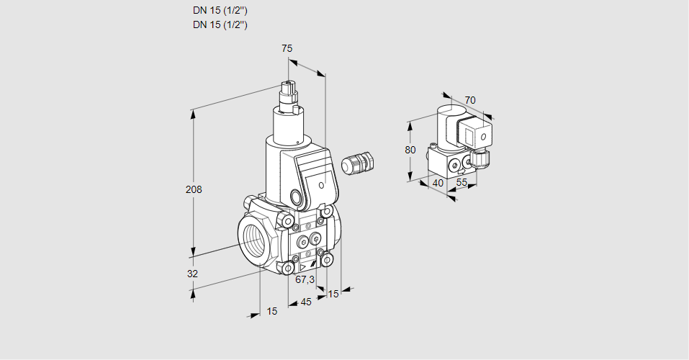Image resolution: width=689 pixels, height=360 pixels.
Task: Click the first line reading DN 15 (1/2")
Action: point(220,11)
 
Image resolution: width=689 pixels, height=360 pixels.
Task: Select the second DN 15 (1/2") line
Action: point(220,24)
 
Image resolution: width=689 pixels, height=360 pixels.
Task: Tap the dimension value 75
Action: point(287,48)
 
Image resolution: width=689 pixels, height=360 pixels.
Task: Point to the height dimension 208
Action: point(194,190)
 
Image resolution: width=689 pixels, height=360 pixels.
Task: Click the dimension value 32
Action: point(192,274)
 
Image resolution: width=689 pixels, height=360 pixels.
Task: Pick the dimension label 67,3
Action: point(305,279)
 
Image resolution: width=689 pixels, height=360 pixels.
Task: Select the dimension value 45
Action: point(306,302)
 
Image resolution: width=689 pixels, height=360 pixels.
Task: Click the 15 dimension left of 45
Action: point(271,311)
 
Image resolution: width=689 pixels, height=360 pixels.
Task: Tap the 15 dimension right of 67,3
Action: point(333,294)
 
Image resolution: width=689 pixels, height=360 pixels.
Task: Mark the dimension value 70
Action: point(470,100)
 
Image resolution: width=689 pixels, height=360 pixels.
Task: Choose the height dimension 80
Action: point(410,150)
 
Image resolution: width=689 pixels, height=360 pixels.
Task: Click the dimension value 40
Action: point(437,183)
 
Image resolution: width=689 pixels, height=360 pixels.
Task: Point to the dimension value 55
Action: point(462,183)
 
